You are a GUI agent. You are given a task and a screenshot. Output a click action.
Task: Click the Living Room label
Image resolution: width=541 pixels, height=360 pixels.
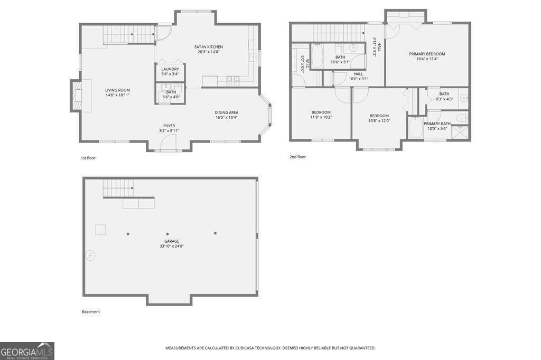tap(117, 90)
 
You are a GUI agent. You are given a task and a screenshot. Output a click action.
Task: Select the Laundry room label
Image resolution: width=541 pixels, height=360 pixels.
tap(170, 69)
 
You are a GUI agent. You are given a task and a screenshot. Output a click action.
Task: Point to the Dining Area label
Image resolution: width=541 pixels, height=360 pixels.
tap(226, 112)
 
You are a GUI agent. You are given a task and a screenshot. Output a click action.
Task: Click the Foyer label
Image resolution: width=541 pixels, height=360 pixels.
tap(169, 126)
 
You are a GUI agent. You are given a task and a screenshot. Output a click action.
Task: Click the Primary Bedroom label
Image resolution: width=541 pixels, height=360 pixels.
tap(427, 54)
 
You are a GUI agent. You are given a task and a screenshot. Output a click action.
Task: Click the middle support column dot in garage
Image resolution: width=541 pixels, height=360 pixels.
tap(167, 234)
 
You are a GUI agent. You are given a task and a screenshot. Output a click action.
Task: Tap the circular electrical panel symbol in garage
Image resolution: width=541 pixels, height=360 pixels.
tap(91, 255)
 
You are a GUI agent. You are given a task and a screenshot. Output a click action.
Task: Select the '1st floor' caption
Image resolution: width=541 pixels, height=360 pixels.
tap(88, 158)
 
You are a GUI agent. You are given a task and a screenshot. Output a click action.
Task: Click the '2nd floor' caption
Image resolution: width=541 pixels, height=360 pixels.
tap(297, 157)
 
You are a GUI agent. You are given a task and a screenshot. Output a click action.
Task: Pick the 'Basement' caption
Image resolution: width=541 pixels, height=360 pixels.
tap(90, 311)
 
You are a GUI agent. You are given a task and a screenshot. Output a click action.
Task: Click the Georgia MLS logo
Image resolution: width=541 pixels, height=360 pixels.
tap(27, 351)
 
